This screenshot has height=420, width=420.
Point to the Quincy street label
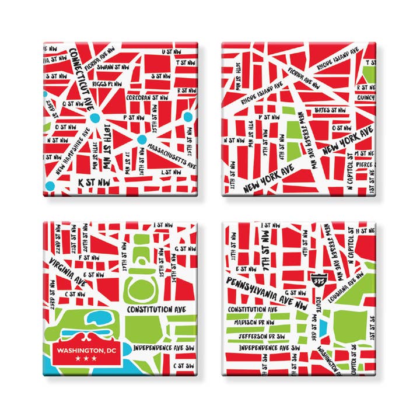tap(367, 97)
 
